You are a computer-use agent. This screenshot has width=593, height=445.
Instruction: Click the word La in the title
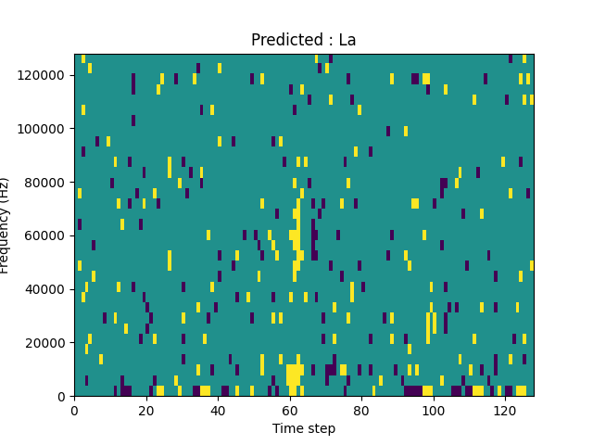point(347,41)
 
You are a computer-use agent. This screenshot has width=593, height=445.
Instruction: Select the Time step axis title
point(304,428)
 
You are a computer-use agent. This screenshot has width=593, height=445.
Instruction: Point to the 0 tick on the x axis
point(74,410)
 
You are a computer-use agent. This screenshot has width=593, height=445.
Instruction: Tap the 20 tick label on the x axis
point(146,410)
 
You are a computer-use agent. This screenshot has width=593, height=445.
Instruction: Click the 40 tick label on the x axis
point(218,410)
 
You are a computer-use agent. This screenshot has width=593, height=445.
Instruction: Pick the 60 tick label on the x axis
point(290,410)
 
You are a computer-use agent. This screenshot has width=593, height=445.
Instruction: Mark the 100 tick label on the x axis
point(434,410)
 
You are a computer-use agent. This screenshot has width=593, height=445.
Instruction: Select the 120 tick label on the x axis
point(505,410)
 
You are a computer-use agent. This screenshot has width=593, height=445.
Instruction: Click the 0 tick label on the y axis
point(63,396)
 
